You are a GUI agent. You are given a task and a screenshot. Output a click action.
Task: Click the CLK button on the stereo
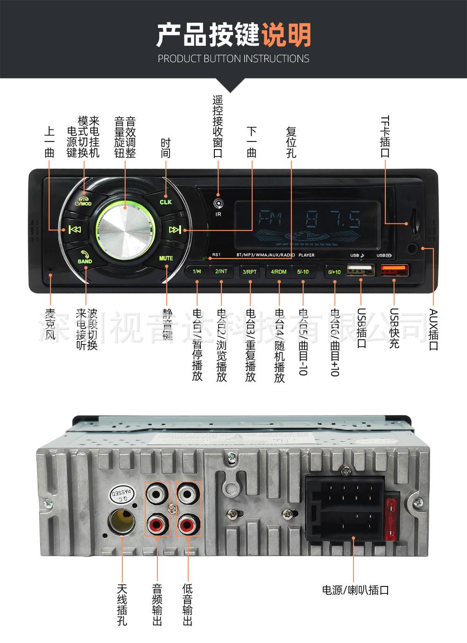click(x=166, y=200)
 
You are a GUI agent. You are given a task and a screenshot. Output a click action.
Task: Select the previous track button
click(x=74, y=229)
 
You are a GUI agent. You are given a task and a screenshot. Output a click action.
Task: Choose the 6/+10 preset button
click(x=334, y=272)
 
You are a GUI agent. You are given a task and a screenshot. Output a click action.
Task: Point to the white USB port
click(x=361, y=271)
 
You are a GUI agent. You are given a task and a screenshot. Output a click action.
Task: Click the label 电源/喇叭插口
click(x=355, y=590)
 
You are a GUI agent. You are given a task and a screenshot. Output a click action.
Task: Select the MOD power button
click(x=84, y=200)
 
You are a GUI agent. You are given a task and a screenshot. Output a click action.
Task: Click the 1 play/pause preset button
click(x=197, y=271)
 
